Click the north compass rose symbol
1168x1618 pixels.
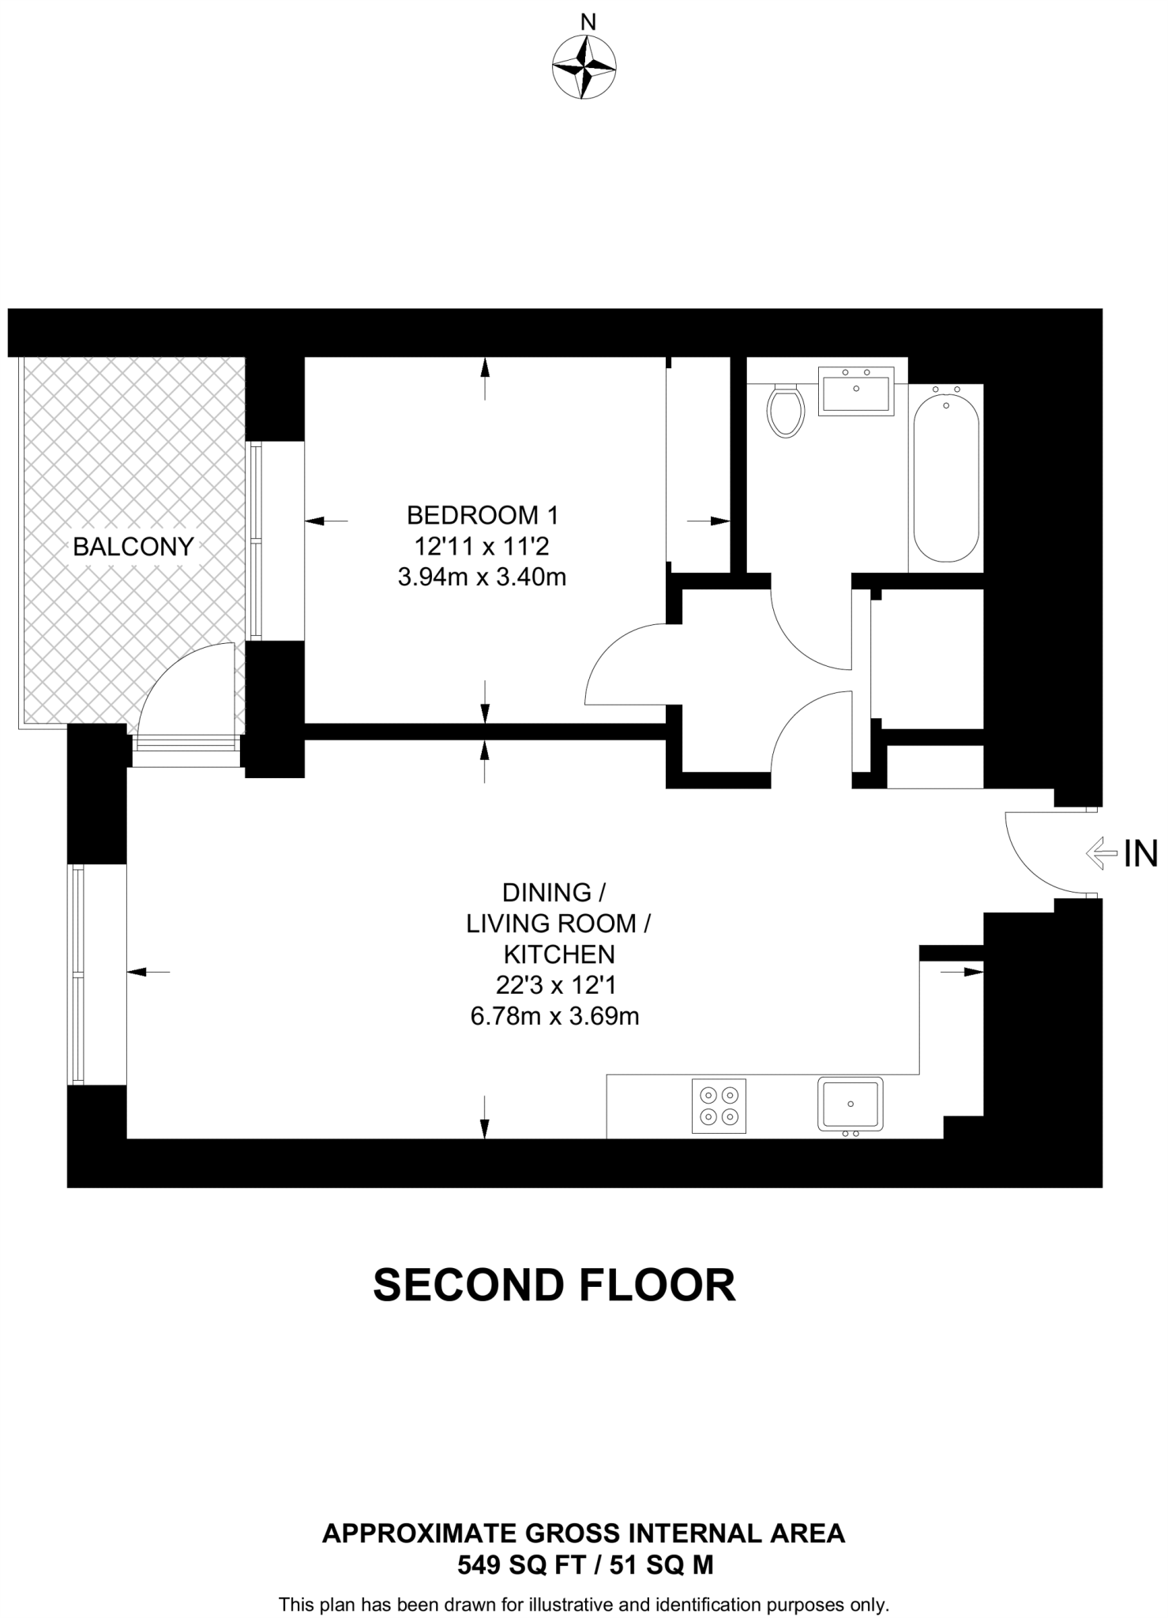[x=584, y=67]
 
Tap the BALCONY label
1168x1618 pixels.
[x=133, y=547]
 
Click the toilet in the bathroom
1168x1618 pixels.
[x=785, y=410]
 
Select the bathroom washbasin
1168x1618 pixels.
[x=856, y=390]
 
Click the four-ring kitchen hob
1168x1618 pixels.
[x=719, y=1106]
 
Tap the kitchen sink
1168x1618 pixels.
[x=851, y=1104]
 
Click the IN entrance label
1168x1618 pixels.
[x=1140, y=854]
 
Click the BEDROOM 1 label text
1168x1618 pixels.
[x=482, y=516]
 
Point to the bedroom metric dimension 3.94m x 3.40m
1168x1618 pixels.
[x=482, y=578]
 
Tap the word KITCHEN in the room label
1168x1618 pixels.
[x=559, y=954]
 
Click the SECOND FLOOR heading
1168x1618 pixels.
[x=554, y=1285]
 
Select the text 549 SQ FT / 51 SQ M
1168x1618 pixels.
[x=584, y=1564]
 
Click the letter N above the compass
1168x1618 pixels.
[x=588, y=21]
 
